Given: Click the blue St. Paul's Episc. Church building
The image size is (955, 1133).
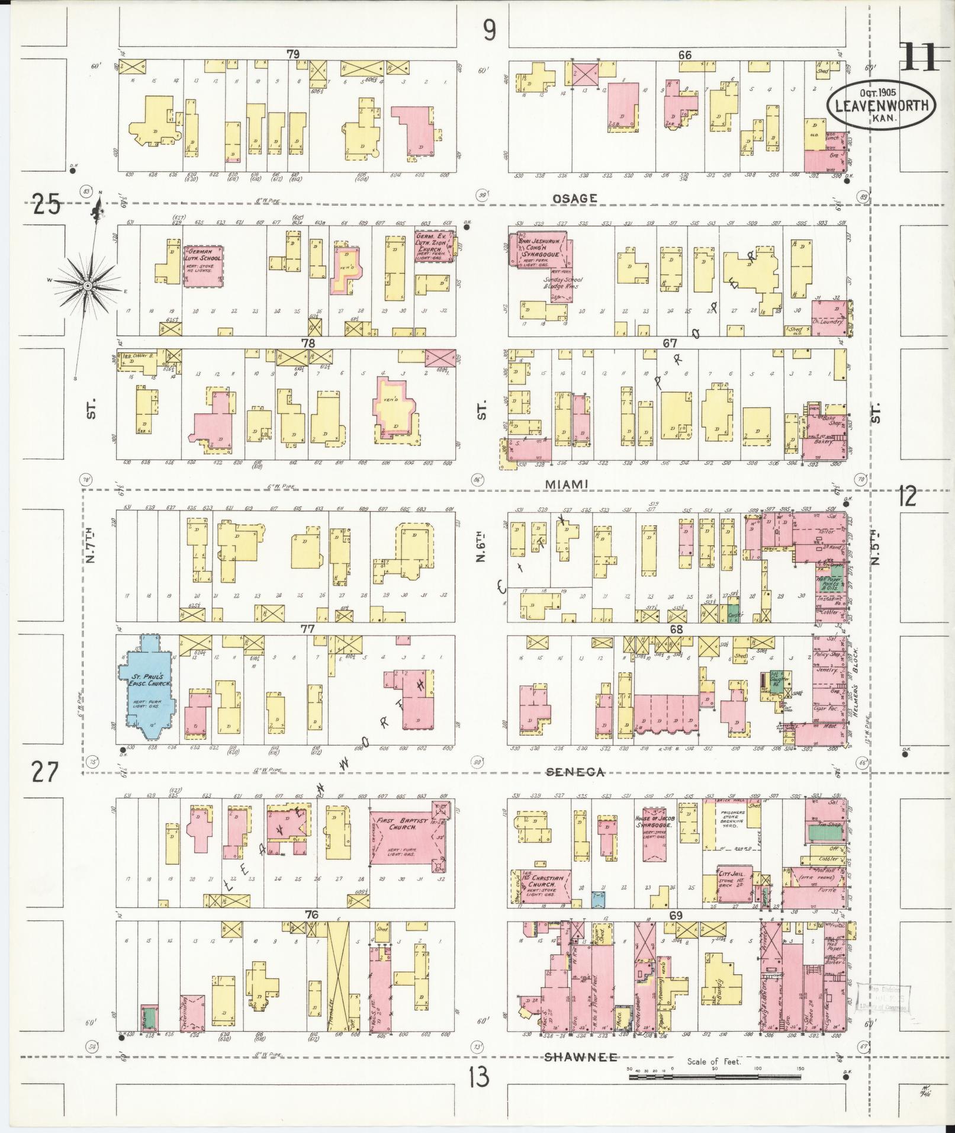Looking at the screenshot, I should (x=148, y=687).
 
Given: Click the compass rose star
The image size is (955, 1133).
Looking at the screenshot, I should (x=88, y=286).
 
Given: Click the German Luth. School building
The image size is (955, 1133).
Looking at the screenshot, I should (x=204, y=267).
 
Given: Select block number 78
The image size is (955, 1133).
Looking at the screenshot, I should (x=307, y=343).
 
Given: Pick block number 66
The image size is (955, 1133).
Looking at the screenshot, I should (x=685, y=54).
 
